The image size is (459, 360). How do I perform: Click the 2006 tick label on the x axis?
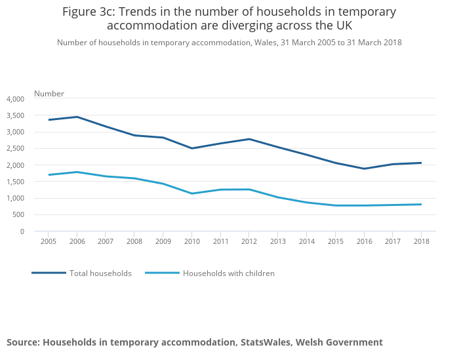tap(77, 241)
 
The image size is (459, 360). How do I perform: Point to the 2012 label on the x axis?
tap(249, 241)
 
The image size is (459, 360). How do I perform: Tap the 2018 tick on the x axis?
tap(421, 241)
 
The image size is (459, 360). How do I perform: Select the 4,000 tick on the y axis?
tap(14, 99)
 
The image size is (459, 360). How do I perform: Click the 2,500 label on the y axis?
tap(14, 149)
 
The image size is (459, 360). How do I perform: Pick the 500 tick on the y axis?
tap(18, 214)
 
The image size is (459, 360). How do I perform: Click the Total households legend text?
tap(100, 273)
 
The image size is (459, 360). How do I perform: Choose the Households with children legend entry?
tap(228, 273)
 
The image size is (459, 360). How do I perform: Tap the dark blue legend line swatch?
tap(49, 273)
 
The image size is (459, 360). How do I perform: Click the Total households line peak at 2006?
tap(77, 117)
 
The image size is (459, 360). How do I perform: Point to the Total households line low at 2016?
tap(364, 169)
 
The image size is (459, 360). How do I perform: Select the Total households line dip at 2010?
tap(191, 148)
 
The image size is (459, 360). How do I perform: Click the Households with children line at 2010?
tap(191, 193)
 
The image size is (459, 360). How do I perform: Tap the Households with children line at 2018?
tap(421, 205)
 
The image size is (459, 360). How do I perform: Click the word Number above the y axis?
tap(49, 94)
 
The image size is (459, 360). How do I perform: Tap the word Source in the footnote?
tap(22, 342)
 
